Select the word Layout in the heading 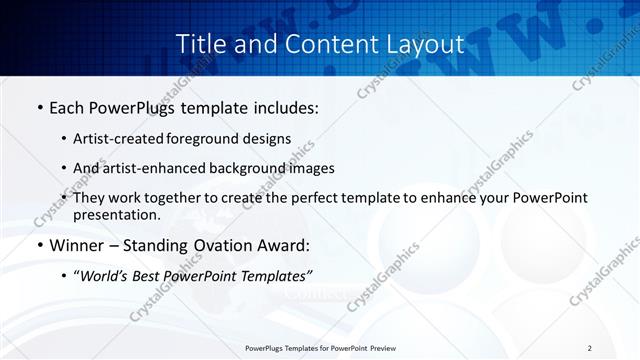(x=423, y=44)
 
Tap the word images (x=309, y=168)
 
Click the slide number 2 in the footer (x=589, y=348)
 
